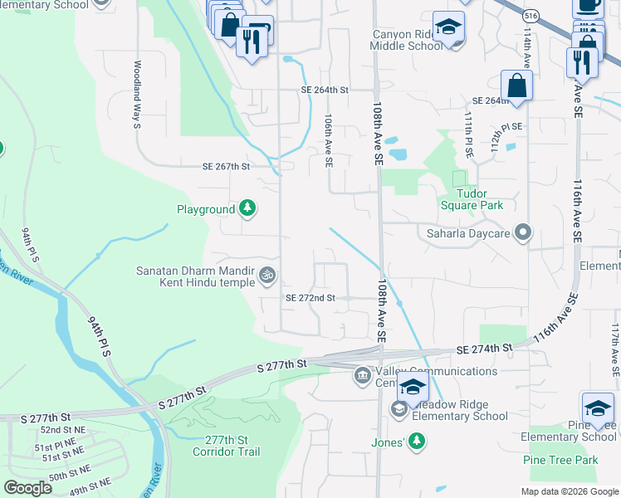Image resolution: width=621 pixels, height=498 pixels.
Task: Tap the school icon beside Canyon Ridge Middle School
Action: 447,28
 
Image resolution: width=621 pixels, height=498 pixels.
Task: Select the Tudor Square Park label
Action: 472,199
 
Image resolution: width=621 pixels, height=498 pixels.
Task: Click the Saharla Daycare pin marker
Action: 523,232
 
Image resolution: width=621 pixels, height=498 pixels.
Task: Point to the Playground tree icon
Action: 247,208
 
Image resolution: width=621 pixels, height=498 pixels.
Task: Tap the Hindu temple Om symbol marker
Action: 267,274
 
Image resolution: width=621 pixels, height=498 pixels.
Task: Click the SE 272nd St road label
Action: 310,298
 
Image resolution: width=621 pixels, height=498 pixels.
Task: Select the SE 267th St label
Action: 226,166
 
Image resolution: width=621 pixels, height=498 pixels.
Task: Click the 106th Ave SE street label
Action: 329,142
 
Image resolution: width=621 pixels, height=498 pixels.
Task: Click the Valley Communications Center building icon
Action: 363,376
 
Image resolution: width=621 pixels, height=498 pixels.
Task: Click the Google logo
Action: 27,488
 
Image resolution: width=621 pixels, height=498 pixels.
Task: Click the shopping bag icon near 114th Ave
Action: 516,85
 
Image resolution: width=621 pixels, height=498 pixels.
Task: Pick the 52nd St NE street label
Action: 63,430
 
